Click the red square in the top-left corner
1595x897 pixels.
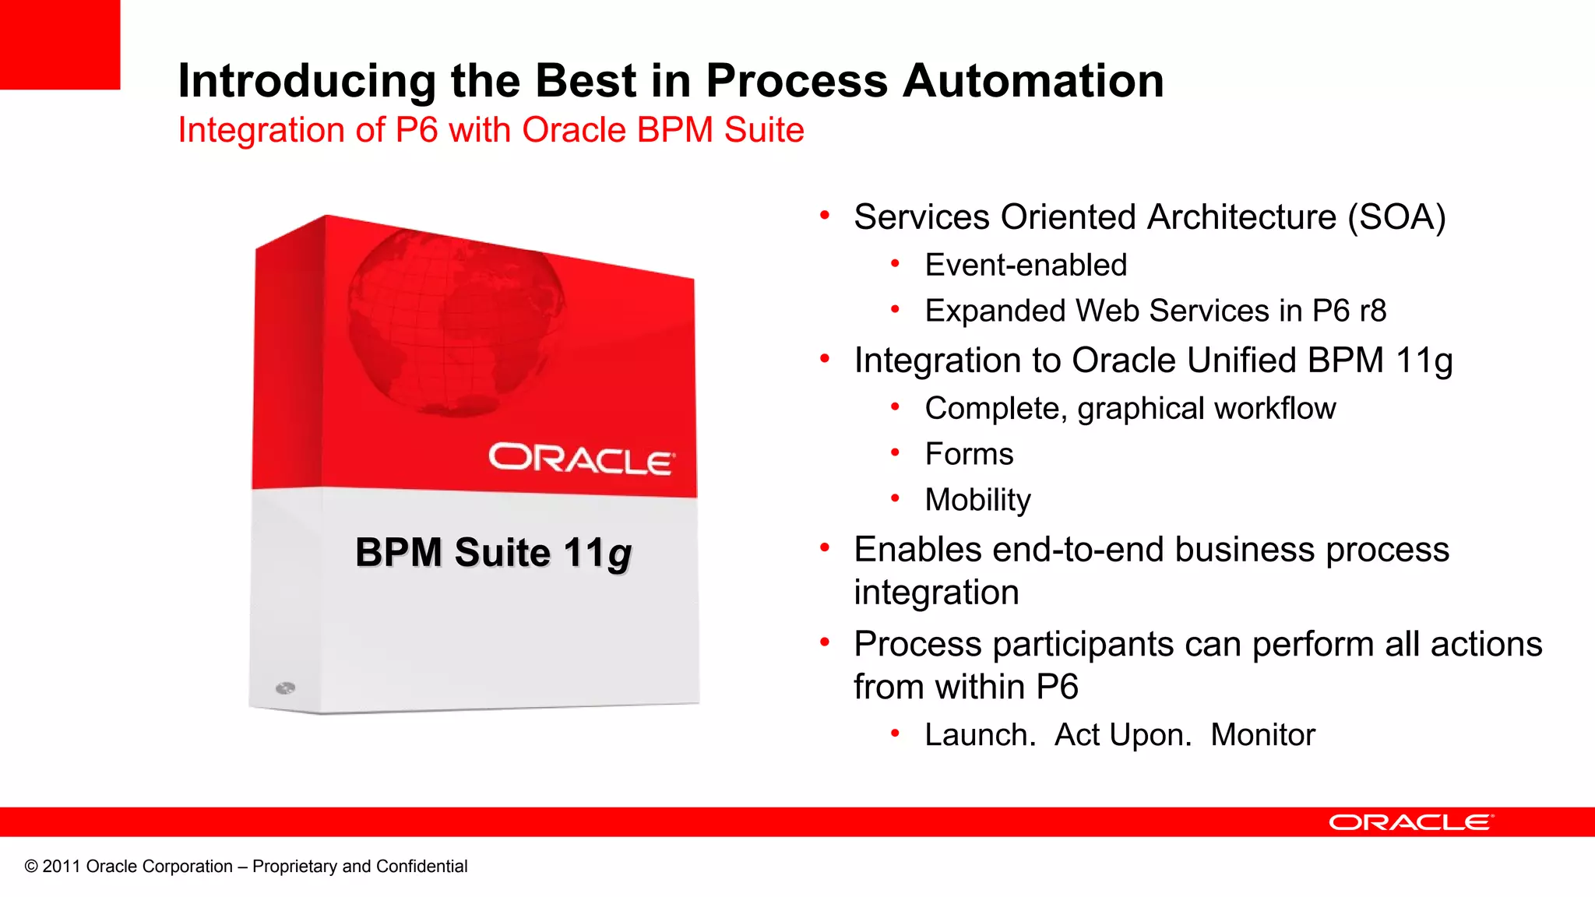[59, 44]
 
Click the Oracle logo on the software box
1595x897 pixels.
[581, 459]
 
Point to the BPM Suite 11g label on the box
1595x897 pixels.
[493, 553]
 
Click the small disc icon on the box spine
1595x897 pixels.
[285, 688]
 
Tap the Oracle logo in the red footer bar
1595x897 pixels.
[1410, 822]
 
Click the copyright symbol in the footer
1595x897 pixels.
[31, 867]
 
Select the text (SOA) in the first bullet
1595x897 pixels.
[1397, 217]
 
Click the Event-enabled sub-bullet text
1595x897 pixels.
[1026, 266]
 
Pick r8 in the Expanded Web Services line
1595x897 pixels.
[1372, 311]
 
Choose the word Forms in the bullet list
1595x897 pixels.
[969, 454]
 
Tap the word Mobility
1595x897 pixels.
[977, 500]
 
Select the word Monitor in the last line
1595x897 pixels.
[1262, 735]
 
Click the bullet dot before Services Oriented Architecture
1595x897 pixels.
[825, 216]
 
